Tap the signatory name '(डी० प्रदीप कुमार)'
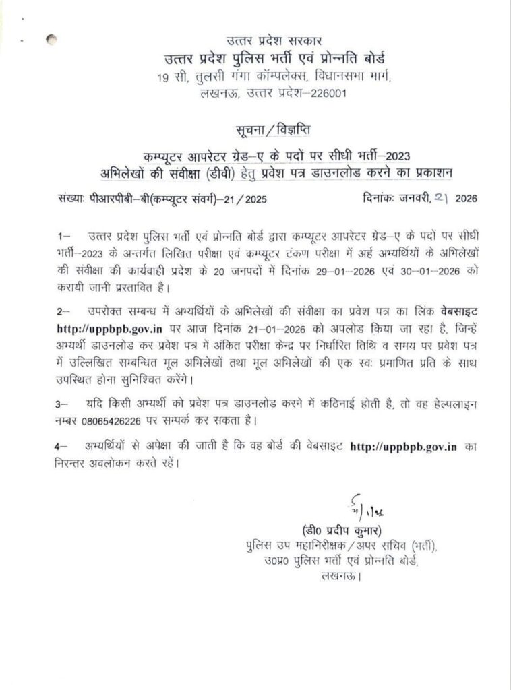(x=342, y=530)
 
